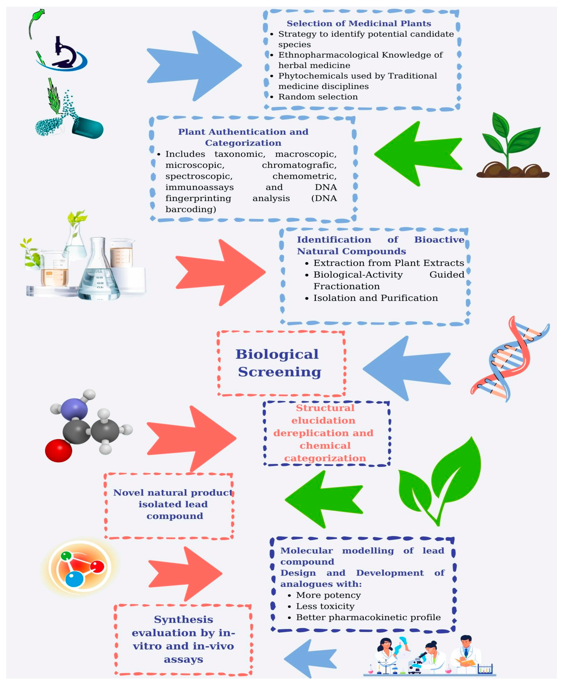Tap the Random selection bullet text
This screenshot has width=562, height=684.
coord(318,97)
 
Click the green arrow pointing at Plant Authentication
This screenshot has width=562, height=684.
coord(418,154)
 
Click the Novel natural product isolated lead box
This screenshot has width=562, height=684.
coord(173,504)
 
